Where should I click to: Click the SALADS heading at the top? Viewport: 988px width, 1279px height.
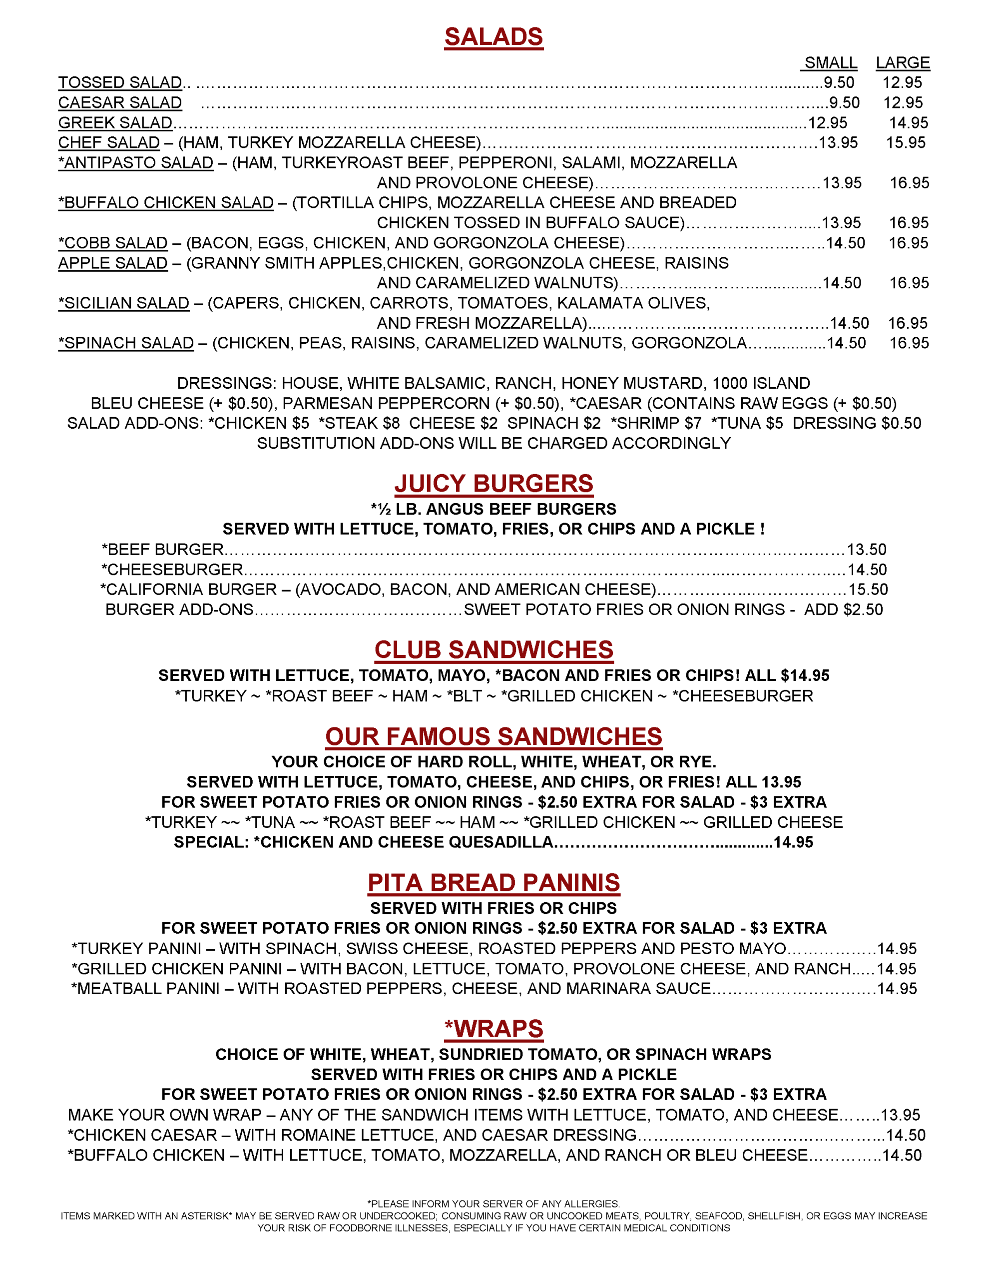494,37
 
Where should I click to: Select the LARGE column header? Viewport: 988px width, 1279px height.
903,62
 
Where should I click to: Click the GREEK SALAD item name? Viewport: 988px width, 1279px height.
115,123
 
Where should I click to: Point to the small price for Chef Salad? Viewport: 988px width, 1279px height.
838,143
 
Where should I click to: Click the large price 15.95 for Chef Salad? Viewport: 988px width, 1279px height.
906,143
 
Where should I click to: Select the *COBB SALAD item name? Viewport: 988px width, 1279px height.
112,243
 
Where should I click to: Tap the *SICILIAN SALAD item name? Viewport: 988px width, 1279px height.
123,303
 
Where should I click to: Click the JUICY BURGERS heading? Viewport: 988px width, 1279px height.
494,484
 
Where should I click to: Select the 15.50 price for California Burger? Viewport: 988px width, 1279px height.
868,590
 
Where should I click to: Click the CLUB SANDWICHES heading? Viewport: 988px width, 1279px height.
494,650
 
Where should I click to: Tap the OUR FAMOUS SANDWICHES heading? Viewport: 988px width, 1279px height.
494,737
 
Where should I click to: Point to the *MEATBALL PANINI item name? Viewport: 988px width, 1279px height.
145,989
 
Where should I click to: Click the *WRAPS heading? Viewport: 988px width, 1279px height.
494,1029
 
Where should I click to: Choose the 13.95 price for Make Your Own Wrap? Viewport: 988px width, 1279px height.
900,1115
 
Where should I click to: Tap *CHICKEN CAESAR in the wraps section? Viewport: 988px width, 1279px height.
142,1135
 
